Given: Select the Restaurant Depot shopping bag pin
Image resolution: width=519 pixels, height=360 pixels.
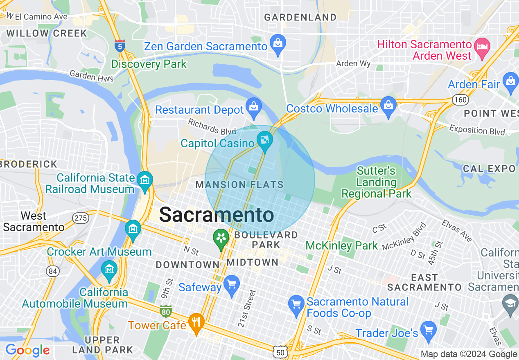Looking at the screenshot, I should [x=254, y=106].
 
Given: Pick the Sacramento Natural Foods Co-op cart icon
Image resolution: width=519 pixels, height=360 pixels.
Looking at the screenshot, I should [x=296, y=304].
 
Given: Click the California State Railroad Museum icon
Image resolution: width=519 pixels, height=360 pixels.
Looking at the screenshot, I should [x=145, y=180].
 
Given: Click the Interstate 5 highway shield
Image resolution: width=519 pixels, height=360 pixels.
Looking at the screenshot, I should [x=120, y=46].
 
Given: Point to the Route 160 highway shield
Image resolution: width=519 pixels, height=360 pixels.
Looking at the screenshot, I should [x=460, y=99].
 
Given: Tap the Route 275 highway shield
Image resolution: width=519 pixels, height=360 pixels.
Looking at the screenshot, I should [x=81, y=218].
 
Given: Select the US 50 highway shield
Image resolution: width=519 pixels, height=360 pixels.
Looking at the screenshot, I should [x=280, y=351].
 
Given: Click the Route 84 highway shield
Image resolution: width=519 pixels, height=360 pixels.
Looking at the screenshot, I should [x=53, y=271].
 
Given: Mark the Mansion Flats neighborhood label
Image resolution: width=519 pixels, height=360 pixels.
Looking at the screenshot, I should [x=239, y=184].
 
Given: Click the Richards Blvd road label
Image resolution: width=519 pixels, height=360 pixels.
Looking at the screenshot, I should [x=212, y=126].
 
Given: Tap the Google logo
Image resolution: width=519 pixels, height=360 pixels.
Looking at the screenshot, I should [x=27, y=350].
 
